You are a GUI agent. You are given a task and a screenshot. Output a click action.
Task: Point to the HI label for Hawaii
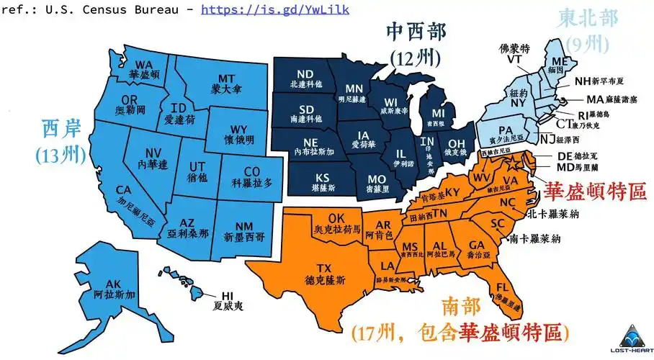click(228, 295)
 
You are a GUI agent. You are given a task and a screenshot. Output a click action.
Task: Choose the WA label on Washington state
click(144, 63)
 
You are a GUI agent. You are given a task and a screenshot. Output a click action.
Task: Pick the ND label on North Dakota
click(305, 74)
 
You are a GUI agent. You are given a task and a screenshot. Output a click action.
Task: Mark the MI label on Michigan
click(439, 114)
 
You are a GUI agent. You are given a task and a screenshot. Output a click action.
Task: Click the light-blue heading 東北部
click(587, 19)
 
